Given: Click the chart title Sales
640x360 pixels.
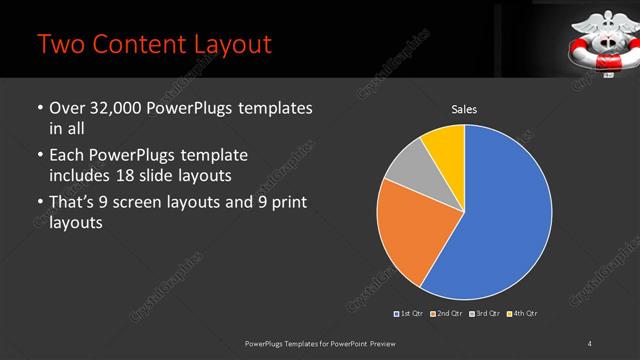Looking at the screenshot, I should pyautogui.click(x=464, y=109).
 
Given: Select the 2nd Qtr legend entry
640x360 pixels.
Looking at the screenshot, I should pyautogui.click(x=448, y=314).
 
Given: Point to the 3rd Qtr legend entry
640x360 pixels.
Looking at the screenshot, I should pyautogui.click(x=485, y=314).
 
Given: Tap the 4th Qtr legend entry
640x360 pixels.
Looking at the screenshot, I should pyautogui.click(x=522, y=314).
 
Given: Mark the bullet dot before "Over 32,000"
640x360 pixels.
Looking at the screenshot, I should pyautogui.click(x=39, y=108).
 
